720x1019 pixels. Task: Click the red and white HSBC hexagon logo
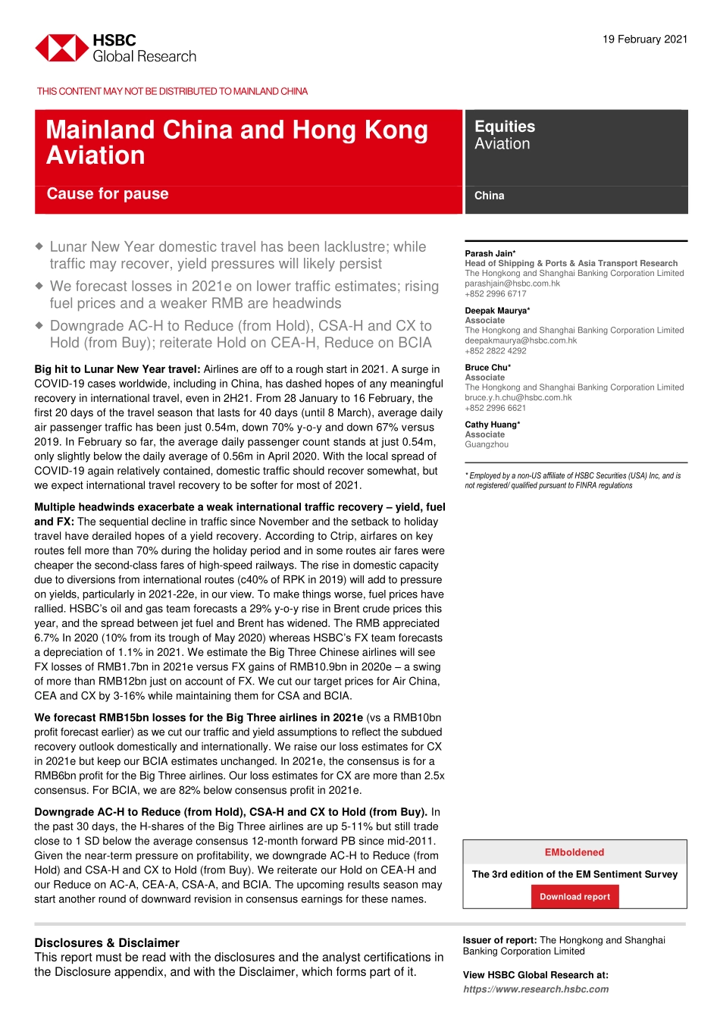(61, 48)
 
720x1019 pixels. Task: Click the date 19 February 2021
(645, 39)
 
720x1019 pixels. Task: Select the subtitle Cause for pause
(108, 194)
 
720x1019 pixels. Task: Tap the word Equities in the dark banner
(505, 127)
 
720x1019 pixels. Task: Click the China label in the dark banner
(489, 196)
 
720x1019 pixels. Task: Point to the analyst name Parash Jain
(490, 254)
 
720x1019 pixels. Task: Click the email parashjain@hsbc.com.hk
(512, 284)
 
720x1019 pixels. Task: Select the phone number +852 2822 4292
(495, 351)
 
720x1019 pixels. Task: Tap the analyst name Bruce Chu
(487, 368)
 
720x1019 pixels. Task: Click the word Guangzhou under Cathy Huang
(487, 445)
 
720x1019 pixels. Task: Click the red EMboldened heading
(574, 852)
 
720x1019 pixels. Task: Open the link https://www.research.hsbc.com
(536, 989)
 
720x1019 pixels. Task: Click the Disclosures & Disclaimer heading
(107, 943)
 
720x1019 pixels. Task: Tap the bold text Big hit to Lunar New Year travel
(117, 369)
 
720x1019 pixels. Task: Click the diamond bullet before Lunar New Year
(39, 246)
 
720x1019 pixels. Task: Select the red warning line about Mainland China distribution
(172, 92)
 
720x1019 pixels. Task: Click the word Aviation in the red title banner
(95, 155)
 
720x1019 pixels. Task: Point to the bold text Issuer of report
(499, 940)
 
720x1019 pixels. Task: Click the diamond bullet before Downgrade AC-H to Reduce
(39, 325)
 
